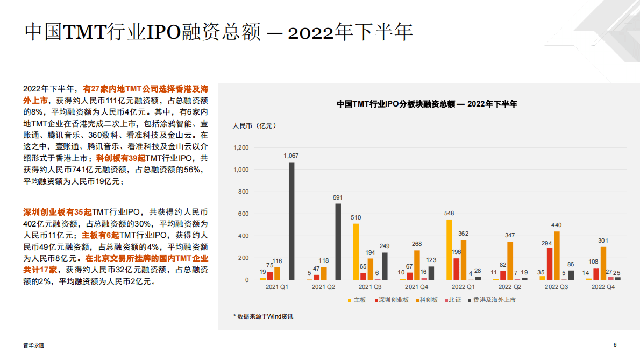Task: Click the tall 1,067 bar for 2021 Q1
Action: tap(291, 221)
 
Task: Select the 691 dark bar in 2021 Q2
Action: tap(338, 242)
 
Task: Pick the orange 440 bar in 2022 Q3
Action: tap(557, 255)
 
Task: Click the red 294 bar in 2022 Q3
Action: tap(550, 263)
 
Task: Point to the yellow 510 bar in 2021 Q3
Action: tap(356, 251)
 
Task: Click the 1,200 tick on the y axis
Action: tap(241, 147)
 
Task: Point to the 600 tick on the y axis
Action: tap(244, 214)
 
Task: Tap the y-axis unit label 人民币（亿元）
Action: tap(254, 126)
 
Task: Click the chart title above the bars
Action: tap(426, 104)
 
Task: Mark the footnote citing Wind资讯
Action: tap(263, 316)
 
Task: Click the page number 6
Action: tap(615, 345)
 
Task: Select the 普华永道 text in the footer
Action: tap(34, 345)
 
